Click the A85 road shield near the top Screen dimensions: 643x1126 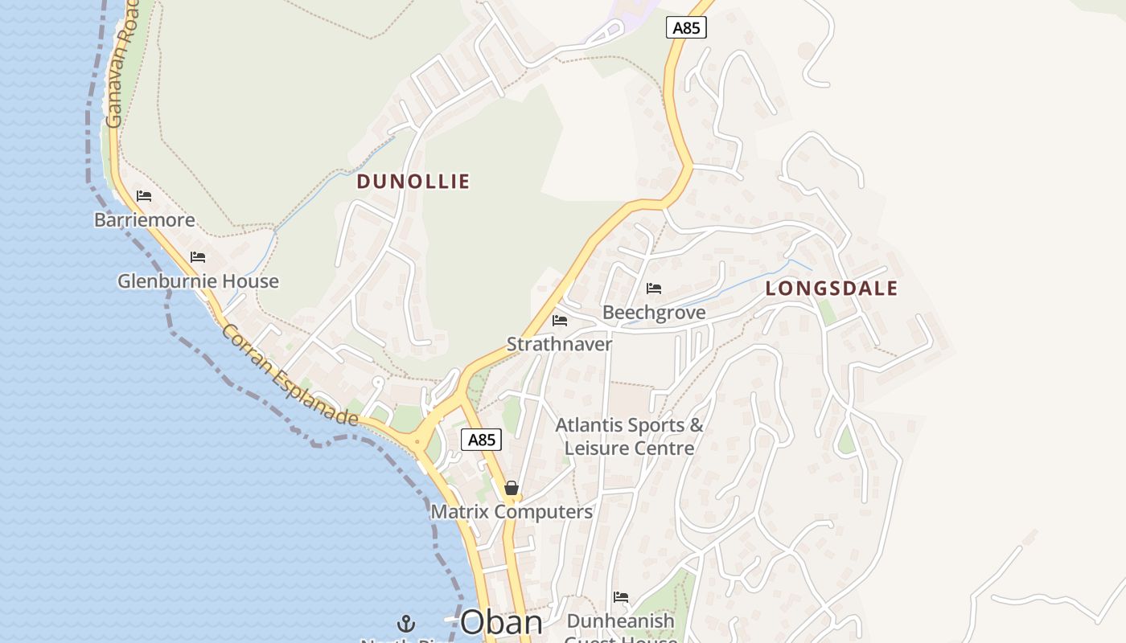coord(686,28)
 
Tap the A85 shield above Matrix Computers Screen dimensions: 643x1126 coord(481,440)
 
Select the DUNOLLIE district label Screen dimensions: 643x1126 coord(413,182)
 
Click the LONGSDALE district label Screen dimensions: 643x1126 coord(831,289)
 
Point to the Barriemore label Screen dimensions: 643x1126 coord(145,220)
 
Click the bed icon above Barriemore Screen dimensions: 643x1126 coord(144,196)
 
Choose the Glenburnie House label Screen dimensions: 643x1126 coord(198,281)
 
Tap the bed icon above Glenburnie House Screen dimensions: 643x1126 coord(198,257)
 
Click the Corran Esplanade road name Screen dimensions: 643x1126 coord(289,375)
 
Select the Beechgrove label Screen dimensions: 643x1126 coord(654,313)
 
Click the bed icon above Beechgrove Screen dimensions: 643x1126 coord(654,289)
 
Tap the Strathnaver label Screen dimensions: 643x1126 coord(559,344)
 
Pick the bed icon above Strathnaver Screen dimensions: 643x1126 coord(560,321)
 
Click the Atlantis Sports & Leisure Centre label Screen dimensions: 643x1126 coord(629,436)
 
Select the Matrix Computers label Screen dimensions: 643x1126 coord(512,512)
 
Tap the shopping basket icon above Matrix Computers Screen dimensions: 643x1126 coord(511,488)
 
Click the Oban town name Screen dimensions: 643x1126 coord(501,623)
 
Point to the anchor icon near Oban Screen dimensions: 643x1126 coord(406,623)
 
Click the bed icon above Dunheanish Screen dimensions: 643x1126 coord(620,597)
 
